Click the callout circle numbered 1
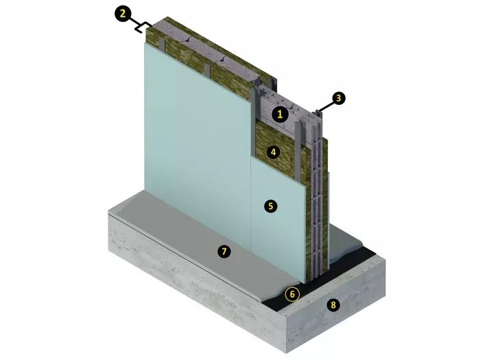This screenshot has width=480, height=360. (280, 115)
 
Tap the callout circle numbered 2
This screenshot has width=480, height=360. (123, 14)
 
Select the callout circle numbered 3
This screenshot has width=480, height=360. (338, 99)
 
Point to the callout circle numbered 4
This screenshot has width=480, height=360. (274, 152)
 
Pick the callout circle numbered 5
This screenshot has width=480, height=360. (271, 206)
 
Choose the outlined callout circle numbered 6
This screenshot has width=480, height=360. (292, 294)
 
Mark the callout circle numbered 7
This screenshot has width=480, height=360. (224, 252)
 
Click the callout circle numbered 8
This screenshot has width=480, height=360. (333, 305)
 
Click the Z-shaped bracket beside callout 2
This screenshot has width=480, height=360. (143, 27)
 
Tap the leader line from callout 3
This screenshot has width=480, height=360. (326, 106)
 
